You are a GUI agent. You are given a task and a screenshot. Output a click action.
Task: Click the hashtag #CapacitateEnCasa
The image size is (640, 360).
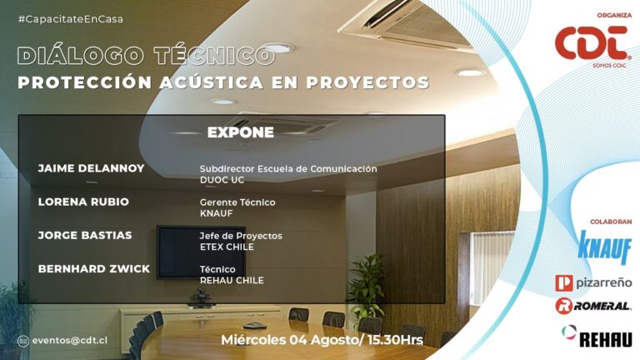pos(71,19)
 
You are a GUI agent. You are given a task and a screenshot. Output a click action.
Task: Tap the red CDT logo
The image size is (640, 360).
pos(592,44)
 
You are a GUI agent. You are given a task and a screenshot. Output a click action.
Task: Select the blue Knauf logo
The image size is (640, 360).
pos(604,247)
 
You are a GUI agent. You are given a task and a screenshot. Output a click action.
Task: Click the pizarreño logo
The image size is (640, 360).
pos(593,282)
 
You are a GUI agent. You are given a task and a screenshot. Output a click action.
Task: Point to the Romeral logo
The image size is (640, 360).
pos(593,306)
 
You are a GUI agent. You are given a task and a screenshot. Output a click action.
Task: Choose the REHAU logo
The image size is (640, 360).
pos(597,337)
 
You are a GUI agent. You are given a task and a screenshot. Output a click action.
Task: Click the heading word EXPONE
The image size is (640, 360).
pos(240,132)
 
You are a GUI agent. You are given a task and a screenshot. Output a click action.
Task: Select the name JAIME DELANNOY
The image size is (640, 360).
pos(91,168)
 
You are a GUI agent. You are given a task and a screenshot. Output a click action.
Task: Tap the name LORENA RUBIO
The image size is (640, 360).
pos(83,202)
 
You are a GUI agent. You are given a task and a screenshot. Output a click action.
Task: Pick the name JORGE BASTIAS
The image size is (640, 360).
pos(85,235)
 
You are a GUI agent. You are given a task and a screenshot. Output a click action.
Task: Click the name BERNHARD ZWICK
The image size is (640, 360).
pos(94,268)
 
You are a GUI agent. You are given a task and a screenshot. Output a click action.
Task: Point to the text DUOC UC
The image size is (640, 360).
pos(222,180)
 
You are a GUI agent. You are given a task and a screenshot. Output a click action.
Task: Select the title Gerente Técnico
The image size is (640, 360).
pos(237,202)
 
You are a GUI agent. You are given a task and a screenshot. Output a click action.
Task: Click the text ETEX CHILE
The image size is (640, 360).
pos(227,247)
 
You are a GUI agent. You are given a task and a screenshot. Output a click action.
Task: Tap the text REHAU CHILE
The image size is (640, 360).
pos(232,280)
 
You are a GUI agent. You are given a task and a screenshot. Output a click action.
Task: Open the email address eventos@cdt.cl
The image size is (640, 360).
pos(70,340)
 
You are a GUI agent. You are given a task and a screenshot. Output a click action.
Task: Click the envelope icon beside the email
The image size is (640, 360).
pos(22,341)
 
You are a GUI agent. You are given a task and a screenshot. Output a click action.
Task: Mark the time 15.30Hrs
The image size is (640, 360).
pos(395,340)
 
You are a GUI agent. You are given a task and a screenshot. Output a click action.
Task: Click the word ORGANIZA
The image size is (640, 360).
pos(614,16)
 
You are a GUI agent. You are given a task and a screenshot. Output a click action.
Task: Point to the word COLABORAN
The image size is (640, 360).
pos(611,222)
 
